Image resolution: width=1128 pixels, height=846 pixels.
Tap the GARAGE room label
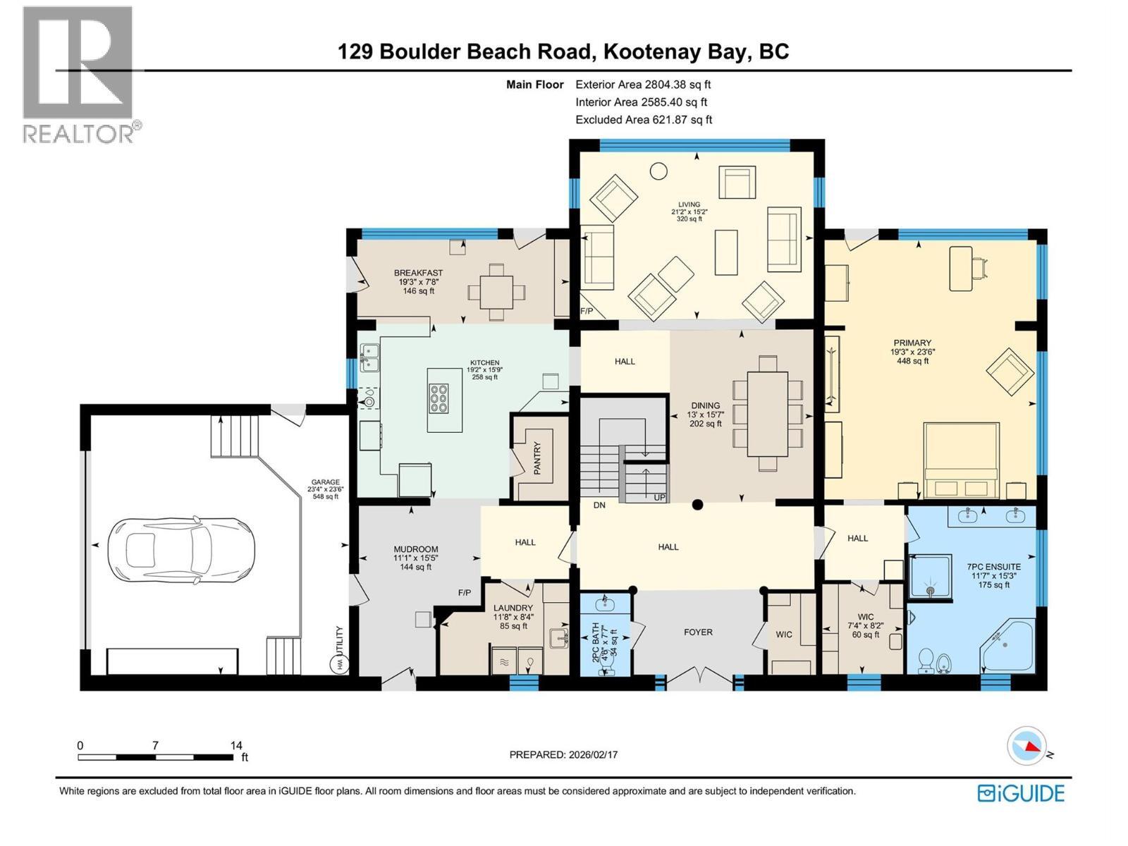pyautogui.click(x=325, y=483)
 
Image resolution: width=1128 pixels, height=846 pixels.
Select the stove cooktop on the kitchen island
pyautogui.click(x=438, y=397)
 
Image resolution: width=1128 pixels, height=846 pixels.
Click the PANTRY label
pyautogui.click(x=537, y=458)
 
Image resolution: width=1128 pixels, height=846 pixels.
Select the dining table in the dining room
pyautogui.click(x=767, y=412)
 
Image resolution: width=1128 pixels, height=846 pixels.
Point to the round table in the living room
pyautogui.click(x=658, y=171)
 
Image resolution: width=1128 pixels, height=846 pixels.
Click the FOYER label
pyautogui.click(x=698, y=632)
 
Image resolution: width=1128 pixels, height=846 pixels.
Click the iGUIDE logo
pyautogui.click(x=1021, y=793)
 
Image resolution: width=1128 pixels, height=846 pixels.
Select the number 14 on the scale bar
pyautogui.click(x=235, y=745)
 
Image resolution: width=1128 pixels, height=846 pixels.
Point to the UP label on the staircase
pyautogui.click(x=660, y=498)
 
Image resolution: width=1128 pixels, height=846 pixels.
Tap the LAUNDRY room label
pyautogui.click(x=513, y=608)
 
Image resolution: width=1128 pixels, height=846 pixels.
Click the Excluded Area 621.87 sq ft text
pyautogui.click(x=644, y=120)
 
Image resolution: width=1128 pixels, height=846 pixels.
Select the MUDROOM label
pyautogui.click(x=416, y=549)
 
